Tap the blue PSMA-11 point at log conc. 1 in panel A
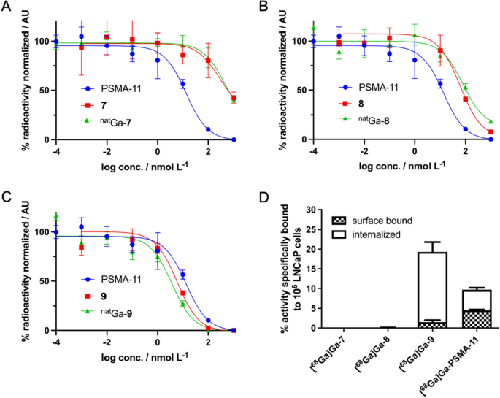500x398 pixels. tap(182, 84)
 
